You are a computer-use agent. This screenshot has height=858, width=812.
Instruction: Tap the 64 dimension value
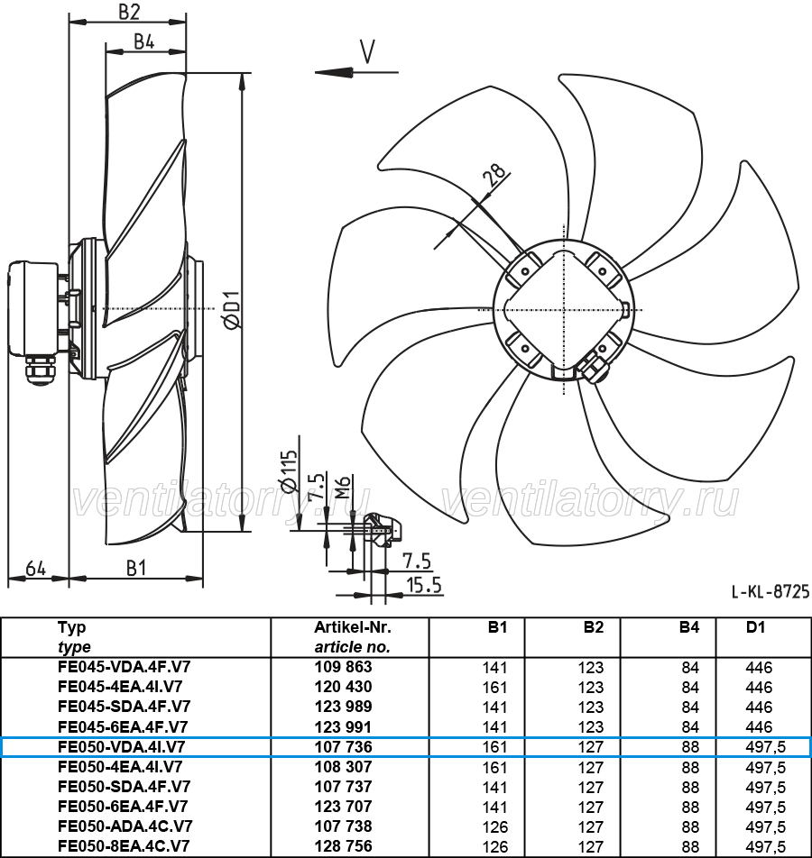click(x=35, y=568)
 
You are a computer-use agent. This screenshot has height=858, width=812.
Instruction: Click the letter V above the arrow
click(x=366, y=50)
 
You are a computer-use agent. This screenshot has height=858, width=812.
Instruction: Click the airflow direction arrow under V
click(x=355, y=71)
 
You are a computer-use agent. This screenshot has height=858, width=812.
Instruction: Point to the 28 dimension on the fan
click(x=492, y=176)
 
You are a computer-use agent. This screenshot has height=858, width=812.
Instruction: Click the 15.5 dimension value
click(x=424, y=586)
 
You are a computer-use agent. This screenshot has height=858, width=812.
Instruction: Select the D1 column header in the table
click(x=755, y=627)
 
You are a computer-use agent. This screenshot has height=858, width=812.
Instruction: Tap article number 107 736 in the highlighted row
click(x=343, y=747)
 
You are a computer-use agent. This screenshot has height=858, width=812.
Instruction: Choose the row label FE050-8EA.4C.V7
click(x=125, y=846)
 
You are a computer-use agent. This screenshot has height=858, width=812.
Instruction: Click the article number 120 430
click(x=343, y=687)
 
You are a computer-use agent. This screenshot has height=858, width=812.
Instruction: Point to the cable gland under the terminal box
click(x=40, y=370)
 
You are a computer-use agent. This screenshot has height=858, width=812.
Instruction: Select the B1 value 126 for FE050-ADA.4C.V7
click(x=495, y=826)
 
